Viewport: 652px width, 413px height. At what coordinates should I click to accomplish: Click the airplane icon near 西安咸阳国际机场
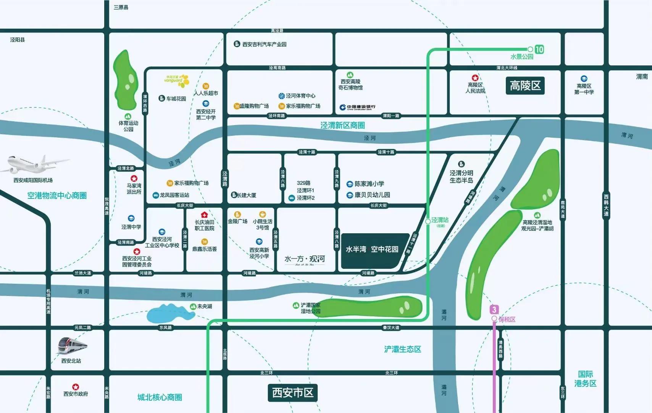click(x=36, y=164)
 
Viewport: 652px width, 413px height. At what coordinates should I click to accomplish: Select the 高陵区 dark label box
click(x=525, y=86)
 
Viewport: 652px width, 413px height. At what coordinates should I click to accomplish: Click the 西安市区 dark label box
click(x=292, y=393)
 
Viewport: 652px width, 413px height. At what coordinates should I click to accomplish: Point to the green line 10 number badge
click(x=539, y=49)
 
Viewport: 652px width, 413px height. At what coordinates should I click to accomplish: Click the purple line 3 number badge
click(x=494, y=309)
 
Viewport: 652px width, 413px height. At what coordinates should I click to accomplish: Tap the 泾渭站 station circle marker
click(x=428, y=221)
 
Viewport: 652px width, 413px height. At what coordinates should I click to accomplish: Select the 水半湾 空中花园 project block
click(x=372, y=250)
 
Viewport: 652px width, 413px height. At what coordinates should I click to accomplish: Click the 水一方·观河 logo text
click(x=305, y=259)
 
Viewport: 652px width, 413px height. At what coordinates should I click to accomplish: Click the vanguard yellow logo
click(x=177, y=80)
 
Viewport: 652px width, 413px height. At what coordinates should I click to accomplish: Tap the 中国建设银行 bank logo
click(x=358, y=107)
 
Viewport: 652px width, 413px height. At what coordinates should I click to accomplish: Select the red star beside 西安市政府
click(x=76, y=387)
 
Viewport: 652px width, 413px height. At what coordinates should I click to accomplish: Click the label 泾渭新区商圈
click(x=342, y=125)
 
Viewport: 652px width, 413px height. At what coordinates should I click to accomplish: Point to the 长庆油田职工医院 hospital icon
click(x=204, y=215)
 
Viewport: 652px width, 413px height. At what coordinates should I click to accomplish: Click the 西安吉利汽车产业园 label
click(x=264, y=44)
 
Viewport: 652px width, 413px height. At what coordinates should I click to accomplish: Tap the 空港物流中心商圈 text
click(x=57, y=196)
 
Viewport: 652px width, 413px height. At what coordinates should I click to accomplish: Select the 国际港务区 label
click(x=585, y=379)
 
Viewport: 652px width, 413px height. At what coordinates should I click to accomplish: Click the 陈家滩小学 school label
click(x=369, y=184)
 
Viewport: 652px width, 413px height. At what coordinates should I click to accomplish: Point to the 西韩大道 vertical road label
click(x=606, y=205)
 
